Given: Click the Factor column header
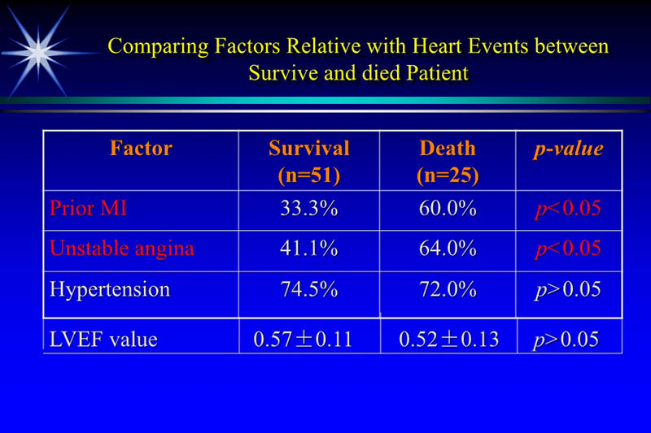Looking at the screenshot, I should click(141, 149).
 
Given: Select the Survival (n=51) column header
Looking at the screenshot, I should click(308, 161).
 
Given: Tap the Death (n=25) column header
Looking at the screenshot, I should click(447, 161).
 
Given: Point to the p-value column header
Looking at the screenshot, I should click(568, 149).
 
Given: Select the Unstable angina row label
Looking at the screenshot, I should click(122, 249).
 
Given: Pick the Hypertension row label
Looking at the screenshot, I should click(109, 289).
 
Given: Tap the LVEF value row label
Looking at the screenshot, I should click(103, 340).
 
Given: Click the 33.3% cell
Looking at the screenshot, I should click(308, 209).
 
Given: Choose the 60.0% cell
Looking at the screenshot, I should click(447, 209).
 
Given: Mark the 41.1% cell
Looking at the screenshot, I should click(308, 249).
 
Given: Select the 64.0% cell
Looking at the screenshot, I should click(447, 249).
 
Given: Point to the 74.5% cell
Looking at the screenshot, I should click(308, 289).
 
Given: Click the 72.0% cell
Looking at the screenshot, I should click(447, 289).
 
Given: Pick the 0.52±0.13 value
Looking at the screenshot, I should click(448, 340).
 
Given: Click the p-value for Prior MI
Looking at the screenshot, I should click(568, 209).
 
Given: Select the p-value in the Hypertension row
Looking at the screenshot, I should click(568, 290).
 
